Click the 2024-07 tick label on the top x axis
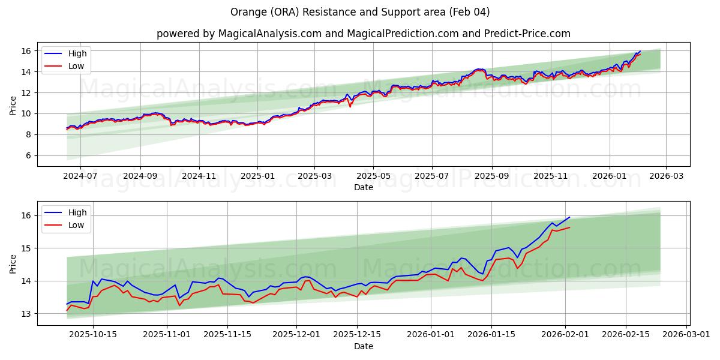pyautogui.click(x=80, y=176)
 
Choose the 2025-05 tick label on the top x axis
pyautogui.click(x=373, y=176)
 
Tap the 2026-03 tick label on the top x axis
pyautogui.click(x=666, y=176)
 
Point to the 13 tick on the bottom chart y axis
pyautogui.click(x=28, y=314)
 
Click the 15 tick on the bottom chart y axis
pyautogui.click(x=28, y=248)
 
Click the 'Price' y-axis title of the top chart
pyautogui.click(x=13, y=104)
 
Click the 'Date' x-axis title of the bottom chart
pyautogui.click(x=363, y=347)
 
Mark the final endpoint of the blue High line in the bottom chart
pyautogui.click(x=569, y=217)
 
